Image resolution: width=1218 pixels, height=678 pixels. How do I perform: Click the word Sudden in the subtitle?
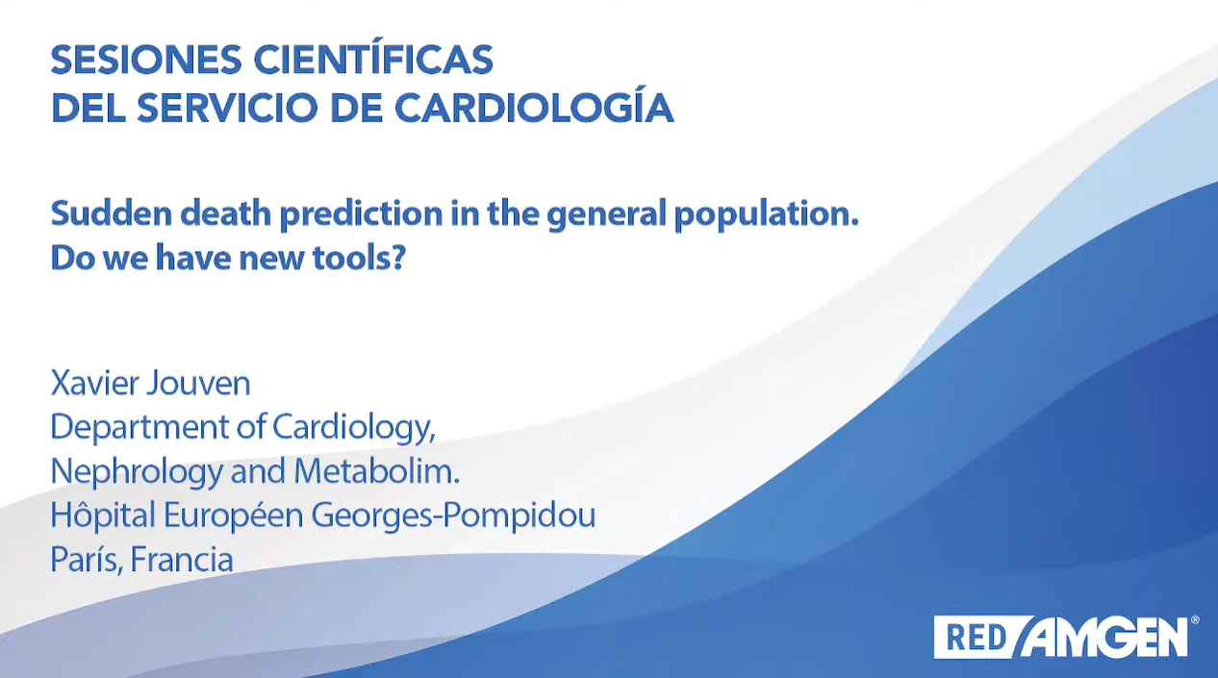[112, 213]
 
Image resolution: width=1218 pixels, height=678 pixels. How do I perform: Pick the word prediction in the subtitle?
[361, 214]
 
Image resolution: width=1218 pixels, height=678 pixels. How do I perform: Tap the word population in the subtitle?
[767, 214]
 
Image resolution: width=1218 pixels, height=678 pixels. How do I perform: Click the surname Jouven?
[199, 384]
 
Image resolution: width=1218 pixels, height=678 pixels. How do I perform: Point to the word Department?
[140, 428]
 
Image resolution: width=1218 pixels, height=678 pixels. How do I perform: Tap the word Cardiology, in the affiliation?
[354, 428]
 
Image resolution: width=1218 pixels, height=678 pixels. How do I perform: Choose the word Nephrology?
[137, 472]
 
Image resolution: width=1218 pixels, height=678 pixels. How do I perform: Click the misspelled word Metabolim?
[377, 471]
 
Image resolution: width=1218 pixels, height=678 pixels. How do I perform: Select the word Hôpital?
[103, 514]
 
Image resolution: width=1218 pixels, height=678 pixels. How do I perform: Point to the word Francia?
[182, 560]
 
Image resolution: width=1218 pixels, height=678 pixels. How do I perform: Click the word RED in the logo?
[977, 638]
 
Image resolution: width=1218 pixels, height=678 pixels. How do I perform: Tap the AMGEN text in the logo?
[1104, 637]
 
